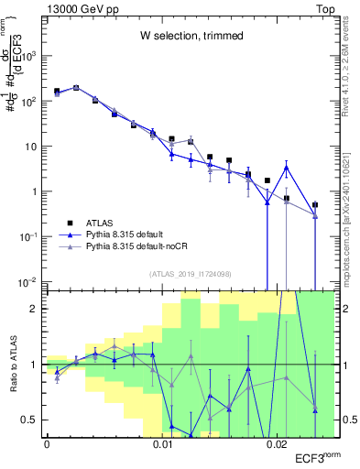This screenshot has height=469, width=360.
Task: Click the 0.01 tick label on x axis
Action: [x=162, y=444]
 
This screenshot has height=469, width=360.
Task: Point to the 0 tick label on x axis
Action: [x=47, y=444]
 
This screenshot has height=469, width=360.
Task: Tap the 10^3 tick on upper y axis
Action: [x=30, y=57]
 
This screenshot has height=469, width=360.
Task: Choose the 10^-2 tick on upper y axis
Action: [x=30, y=281]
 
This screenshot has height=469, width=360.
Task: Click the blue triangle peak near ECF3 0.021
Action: [x=287, y=168]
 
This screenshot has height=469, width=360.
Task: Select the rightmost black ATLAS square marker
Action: [x=315, y=205]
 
